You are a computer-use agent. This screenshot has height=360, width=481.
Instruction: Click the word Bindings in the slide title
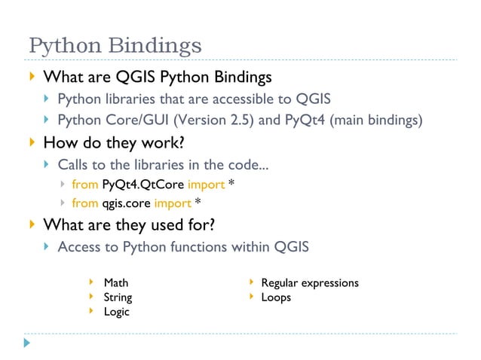click(x=158, y=47)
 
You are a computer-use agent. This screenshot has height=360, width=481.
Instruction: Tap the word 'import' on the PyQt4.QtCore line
click(x=209, y=184)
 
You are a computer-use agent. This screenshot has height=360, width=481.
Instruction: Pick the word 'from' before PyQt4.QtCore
click(x=84, y=184)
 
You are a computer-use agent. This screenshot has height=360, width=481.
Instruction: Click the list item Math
click(x=116, y=283)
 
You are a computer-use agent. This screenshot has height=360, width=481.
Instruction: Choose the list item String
click(x=118, y=297)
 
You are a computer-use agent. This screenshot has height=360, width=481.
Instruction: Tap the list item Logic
click(x=116, y=312)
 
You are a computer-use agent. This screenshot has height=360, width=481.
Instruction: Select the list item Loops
click(x=276, y=297)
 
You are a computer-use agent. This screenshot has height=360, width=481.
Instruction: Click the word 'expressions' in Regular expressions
click(x=330, y=283)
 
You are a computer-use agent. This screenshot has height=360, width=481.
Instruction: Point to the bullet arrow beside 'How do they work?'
click(x=31, y=141)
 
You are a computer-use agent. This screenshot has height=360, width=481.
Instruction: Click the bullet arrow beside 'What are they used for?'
click(x=31, y=224)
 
